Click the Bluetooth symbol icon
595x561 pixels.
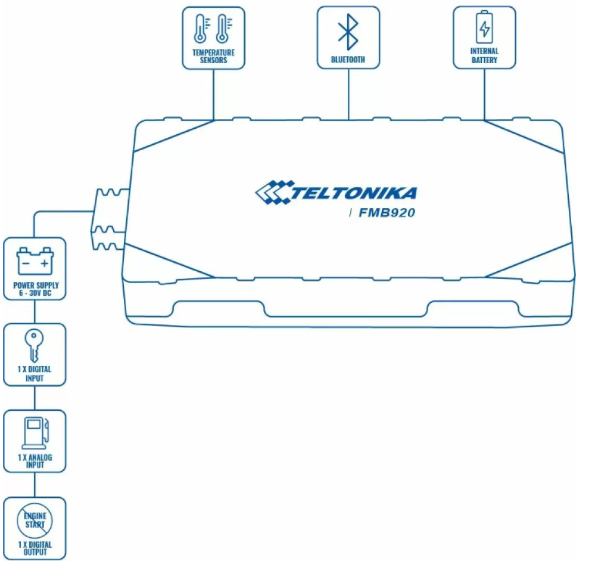point(348,32)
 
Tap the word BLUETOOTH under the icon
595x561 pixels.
point(348,60)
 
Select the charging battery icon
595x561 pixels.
point(485,27)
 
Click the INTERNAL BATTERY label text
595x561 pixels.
point(484,55)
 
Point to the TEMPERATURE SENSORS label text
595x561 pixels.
point(213,56)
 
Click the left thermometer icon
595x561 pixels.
point(201,29)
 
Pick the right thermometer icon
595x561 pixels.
point(224,29)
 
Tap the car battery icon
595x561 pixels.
point(35,261)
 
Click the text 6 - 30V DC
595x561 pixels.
point(35,293)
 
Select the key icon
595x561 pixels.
point(34,345)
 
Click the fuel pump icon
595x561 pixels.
point(35,433)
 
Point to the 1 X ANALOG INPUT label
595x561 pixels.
point(35,461)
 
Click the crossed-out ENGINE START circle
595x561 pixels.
point(35,520)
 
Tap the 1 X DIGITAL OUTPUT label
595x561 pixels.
point(35,548)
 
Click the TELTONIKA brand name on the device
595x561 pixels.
point(354,193)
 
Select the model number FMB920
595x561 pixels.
point(387,213)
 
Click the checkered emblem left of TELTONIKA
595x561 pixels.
point(274,192)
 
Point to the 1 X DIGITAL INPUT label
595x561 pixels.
point(35,374)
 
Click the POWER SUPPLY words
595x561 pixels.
point(36,285)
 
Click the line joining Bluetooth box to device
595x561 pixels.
point(348,95)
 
